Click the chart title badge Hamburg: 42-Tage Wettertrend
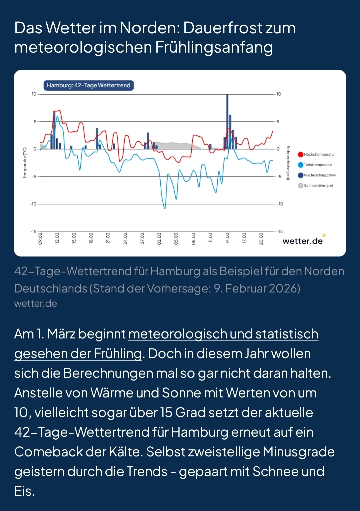click(x=89, y=85)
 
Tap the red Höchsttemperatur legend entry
click(x=317, y=155)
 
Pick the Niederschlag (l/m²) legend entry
click(x=317, y=175)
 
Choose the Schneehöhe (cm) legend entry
click(x=316, y=186)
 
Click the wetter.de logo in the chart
click(x=303, y=241)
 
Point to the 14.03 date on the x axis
click(x=227, y=239)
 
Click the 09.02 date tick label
click(x=40, y=239)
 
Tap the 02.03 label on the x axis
click(x=159, y=239)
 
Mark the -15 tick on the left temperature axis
click(x=33, y=232)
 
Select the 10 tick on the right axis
click(x=279, y=94)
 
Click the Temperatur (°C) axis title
click(x=25, y=163)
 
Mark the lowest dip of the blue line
click(x=165, y=208)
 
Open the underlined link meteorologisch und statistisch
click(x=223, y=334)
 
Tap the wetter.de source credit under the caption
click(x=36, y=303)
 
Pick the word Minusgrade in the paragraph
click(x=299, y=452)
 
